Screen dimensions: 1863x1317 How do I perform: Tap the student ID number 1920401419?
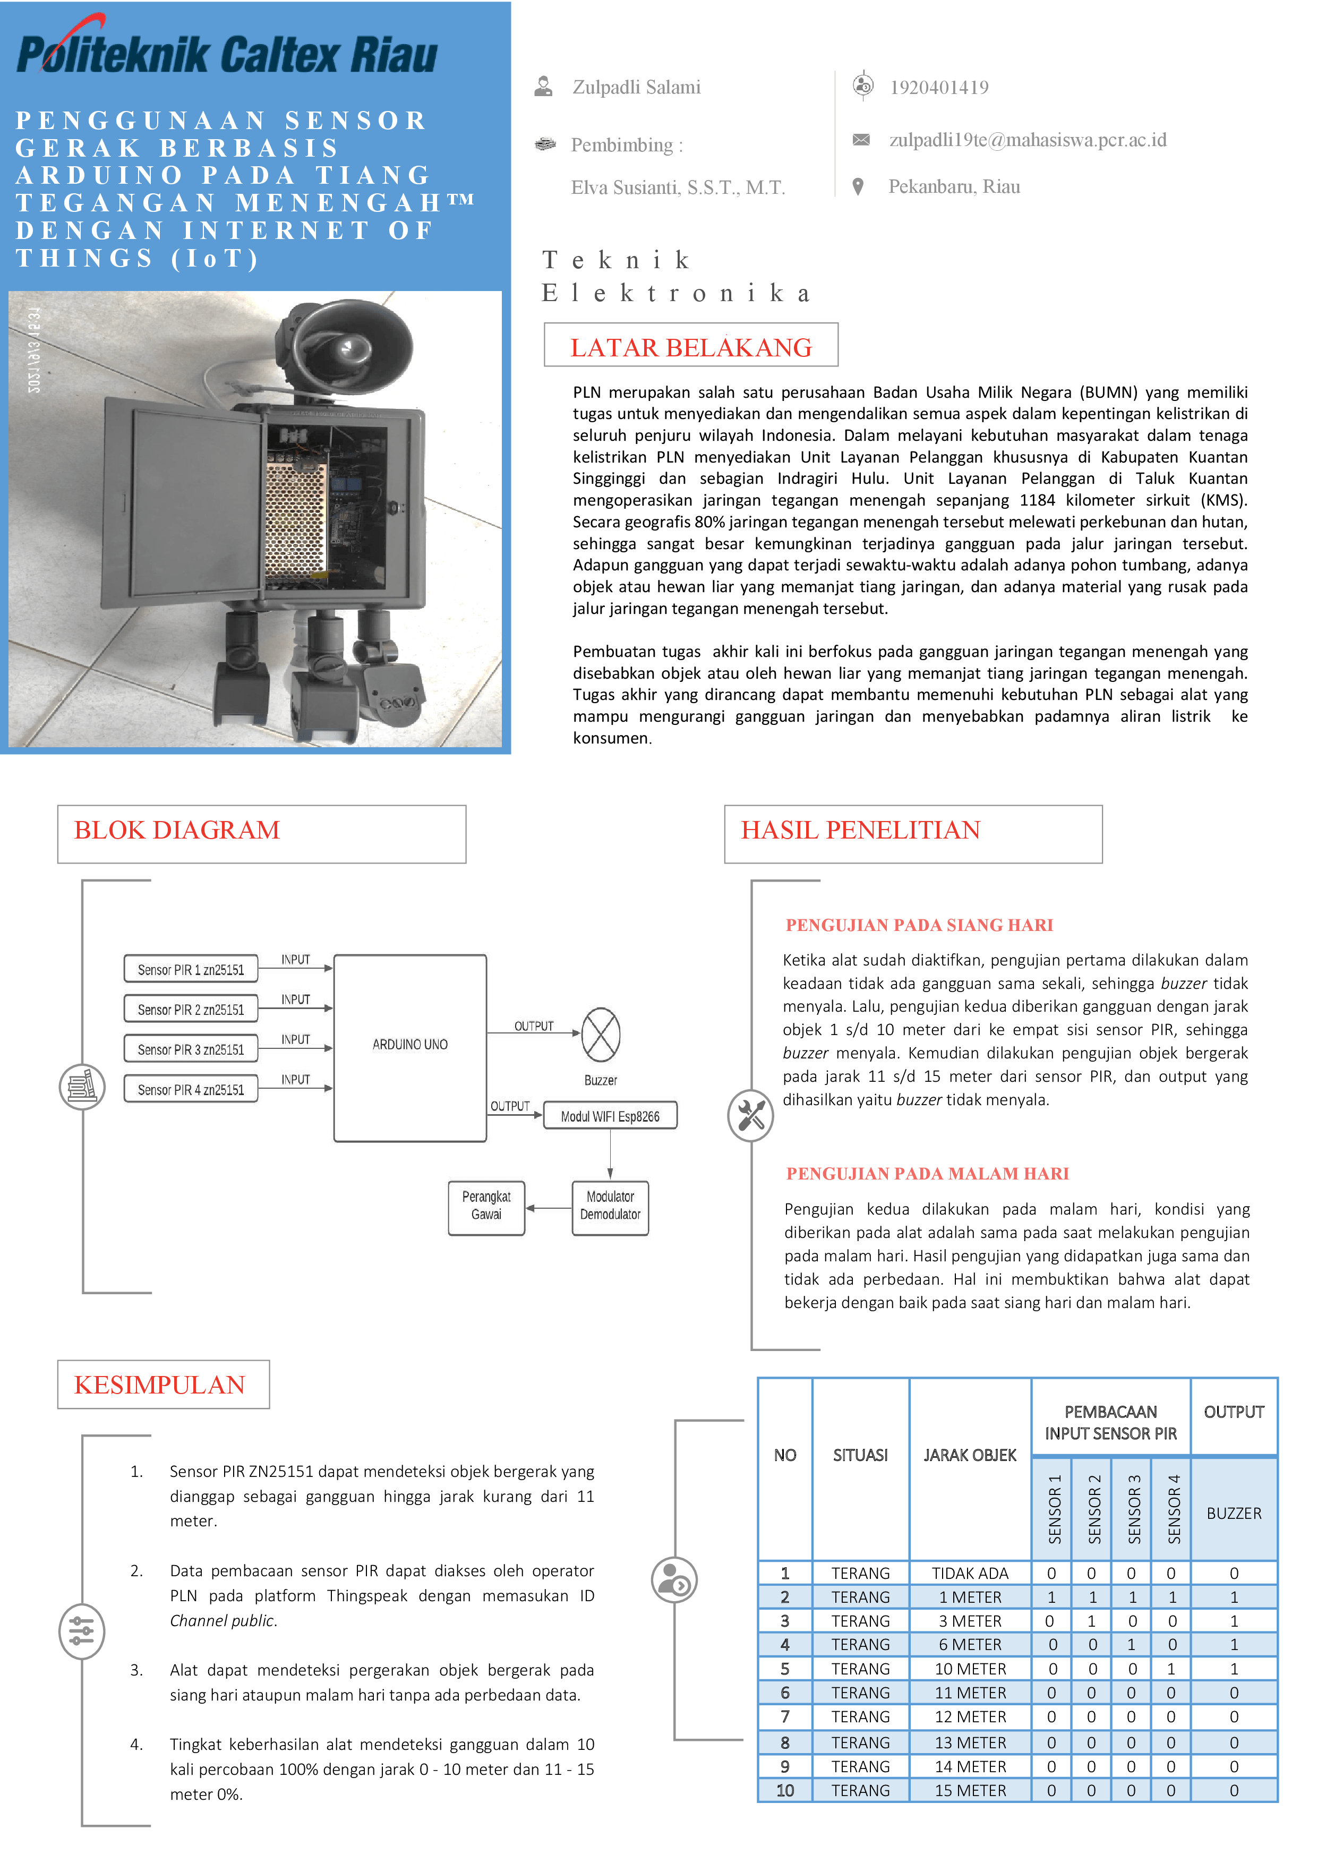click(939, 88)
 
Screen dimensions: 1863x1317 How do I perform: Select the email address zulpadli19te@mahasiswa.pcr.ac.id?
click(1027, 140)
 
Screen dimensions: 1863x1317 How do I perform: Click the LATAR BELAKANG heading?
click(690, 347)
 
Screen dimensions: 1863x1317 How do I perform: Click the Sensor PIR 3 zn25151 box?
click(191, 1050)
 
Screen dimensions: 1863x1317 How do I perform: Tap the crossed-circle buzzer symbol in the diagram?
click(601, 1035)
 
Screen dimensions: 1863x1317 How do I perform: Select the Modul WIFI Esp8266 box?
click(610, 1116)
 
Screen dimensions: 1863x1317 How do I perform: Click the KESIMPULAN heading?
click(160, 1385)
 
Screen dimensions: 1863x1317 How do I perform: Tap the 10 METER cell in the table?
click(970, 1669)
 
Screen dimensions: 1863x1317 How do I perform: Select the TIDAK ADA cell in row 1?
click(970, 1574)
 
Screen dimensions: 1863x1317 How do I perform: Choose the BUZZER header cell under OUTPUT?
click(1234, 1513)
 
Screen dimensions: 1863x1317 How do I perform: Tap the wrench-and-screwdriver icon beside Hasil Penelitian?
click(750, 1116)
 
